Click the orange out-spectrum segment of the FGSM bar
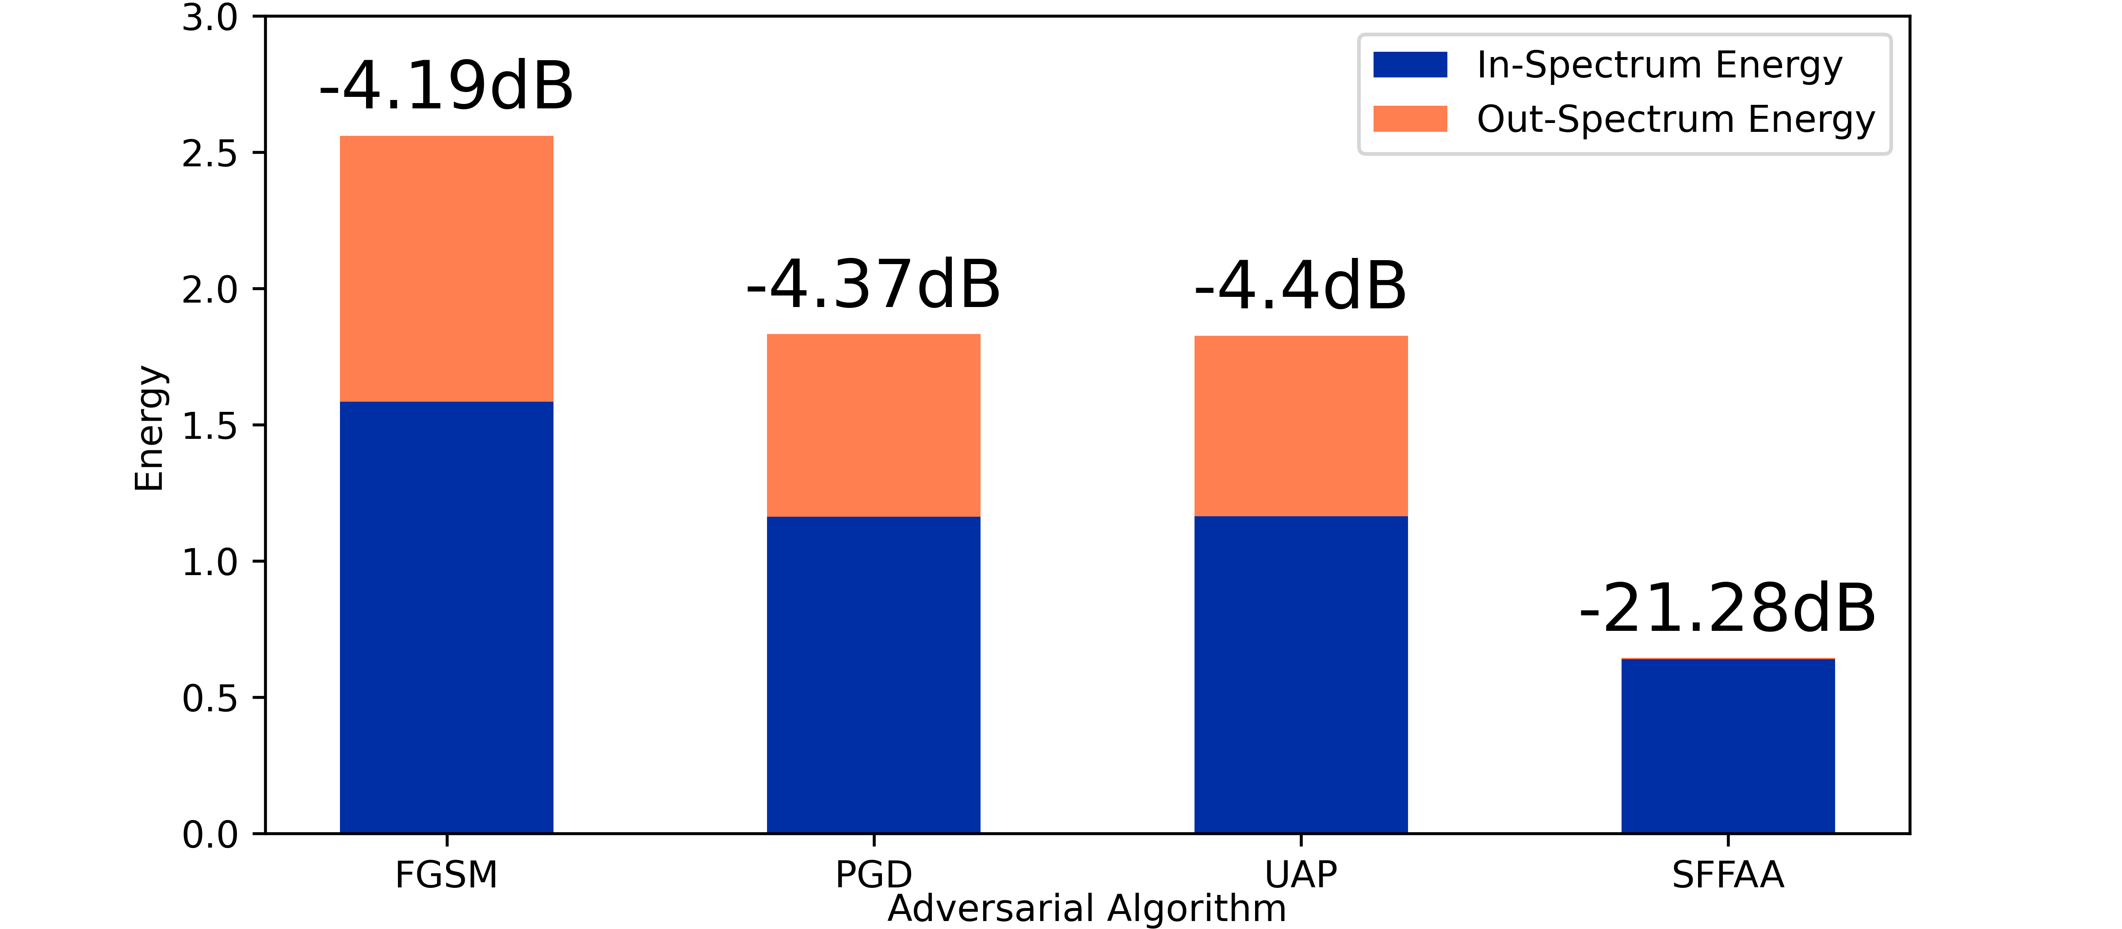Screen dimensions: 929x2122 [447, 269]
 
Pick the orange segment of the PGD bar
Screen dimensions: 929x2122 [873, 425]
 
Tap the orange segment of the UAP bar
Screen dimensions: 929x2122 [1301, 426]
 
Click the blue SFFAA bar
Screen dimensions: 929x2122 [1727, 746]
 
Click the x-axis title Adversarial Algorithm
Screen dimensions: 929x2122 [1087, 908]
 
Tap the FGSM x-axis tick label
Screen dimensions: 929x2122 [447, 875]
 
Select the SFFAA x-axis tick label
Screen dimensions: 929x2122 [1727, 875]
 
